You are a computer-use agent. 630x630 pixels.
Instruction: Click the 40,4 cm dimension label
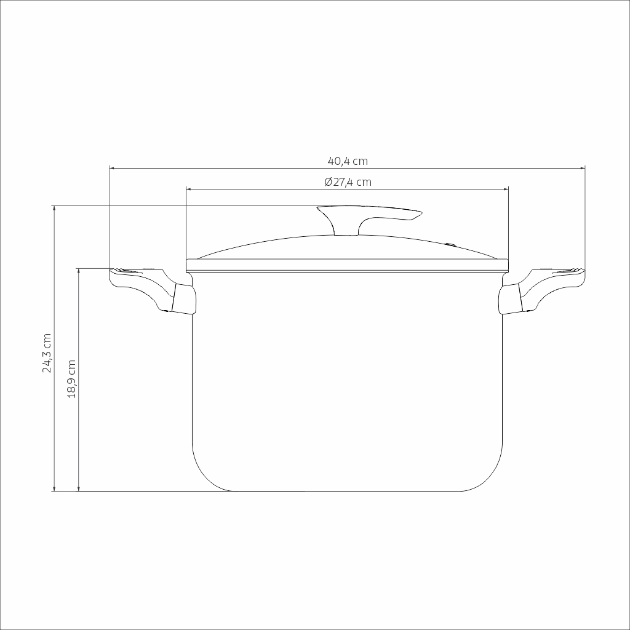[348, 161]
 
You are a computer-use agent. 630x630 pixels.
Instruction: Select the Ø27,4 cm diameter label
[348, 182]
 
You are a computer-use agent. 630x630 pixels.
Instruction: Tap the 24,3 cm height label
[47, 353]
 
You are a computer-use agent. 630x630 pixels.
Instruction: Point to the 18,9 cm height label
[71, 379]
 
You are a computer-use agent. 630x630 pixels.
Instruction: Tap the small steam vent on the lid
[451, 244]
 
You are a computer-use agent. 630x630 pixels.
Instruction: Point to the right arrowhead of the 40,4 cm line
[582, 168]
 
